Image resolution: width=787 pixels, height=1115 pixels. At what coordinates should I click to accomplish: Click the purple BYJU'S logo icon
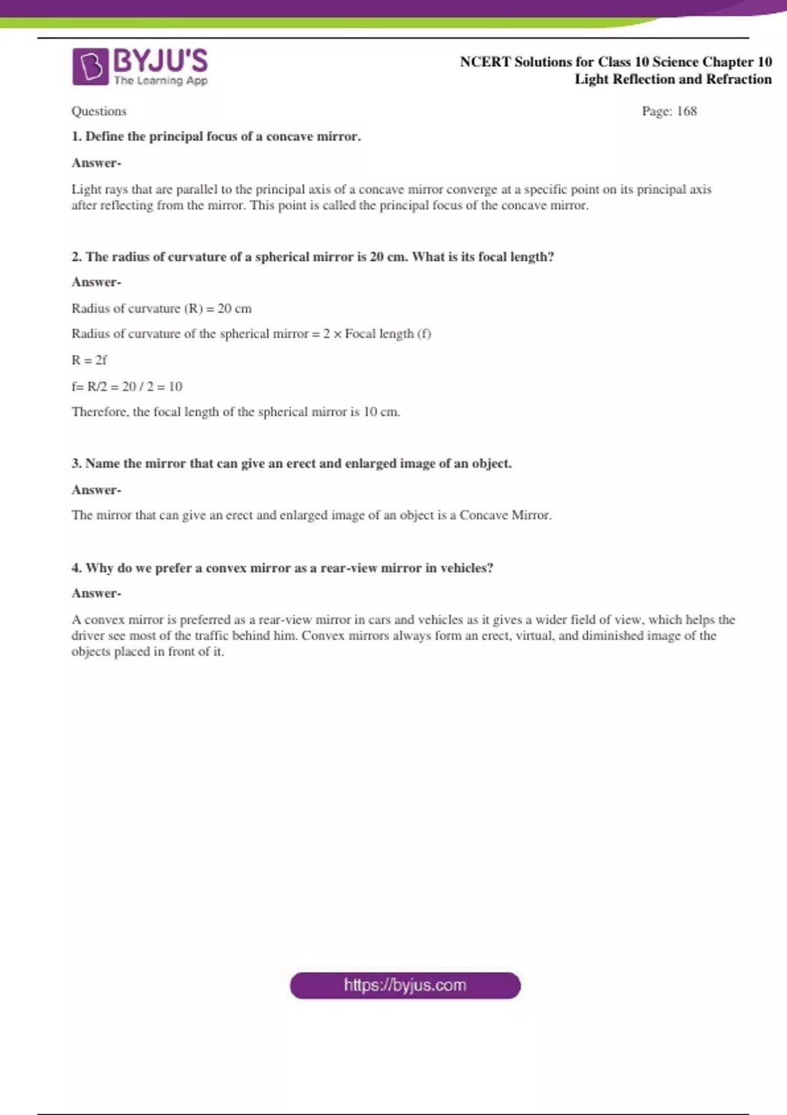[x=90, y=66]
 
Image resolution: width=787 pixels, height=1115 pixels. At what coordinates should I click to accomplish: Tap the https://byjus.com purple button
[x=405, y=985]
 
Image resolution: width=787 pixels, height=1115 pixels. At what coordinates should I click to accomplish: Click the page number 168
[x=687, y=111]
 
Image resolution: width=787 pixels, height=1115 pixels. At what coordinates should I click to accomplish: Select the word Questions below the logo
[x=99, y=111]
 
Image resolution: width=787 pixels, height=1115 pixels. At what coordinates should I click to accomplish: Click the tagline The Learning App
[x=161, y=81]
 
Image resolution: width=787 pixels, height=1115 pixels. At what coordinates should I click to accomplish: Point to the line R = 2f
[x=89, y=360]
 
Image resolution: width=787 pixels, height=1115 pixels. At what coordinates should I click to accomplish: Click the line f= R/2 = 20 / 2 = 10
[x=127, y=386]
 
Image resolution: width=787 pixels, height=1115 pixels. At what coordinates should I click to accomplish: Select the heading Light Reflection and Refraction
[x=673, y=79]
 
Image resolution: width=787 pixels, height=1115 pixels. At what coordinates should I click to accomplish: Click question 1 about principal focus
[x=216, y=136]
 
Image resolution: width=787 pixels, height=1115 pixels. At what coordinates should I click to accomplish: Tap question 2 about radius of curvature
[x=313, y=256]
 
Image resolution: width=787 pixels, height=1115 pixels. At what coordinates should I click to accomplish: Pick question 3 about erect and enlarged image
[x=292, y=463]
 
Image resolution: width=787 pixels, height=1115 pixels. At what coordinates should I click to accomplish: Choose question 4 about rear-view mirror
[x=283, y=568]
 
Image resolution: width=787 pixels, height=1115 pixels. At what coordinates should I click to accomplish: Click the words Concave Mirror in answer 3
[x=504, y=516]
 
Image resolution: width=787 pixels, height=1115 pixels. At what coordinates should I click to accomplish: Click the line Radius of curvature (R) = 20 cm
[x=161, y=308]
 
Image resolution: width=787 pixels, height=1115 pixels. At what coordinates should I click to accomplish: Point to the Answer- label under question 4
[x=96, y=594]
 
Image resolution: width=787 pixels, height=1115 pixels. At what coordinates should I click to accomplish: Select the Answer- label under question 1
[x=96, y=163]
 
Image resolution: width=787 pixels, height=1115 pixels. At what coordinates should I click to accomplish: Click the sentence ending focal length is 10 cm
[x=235, y=412]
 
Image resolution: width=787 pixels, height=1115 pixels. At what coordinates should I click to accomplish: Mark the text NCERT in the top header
[x=485, y=62]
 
